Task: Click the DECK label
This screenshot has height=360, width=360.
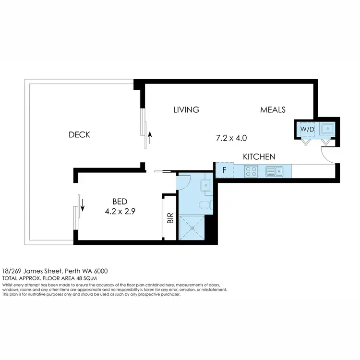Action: click(x=79, y=135)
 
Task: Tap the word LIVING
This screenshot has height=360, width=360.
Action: click(x=186, y=110)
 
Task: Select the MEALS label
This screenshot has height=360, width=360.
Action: click(x=273, y=110)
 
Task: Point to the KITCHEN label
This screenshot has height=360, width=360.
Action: click(x=259, y=156)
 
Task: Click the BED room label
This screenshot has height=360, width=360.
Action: click(x=120, y=201)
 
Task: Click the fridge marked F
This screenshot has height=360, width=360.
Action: click(x=224, y=170)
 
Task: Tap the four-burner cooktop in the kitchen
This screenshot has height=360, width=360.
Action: click(x=251, y=170)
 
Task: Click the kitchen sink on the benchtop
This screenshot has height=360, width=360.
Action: click(x=273, y=170)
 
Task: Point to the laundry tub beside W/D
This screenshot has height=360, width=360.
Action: click(x=326, y=129)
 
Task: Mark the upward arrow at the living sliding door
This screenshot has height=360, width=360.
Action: click(x=150, y=139)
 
